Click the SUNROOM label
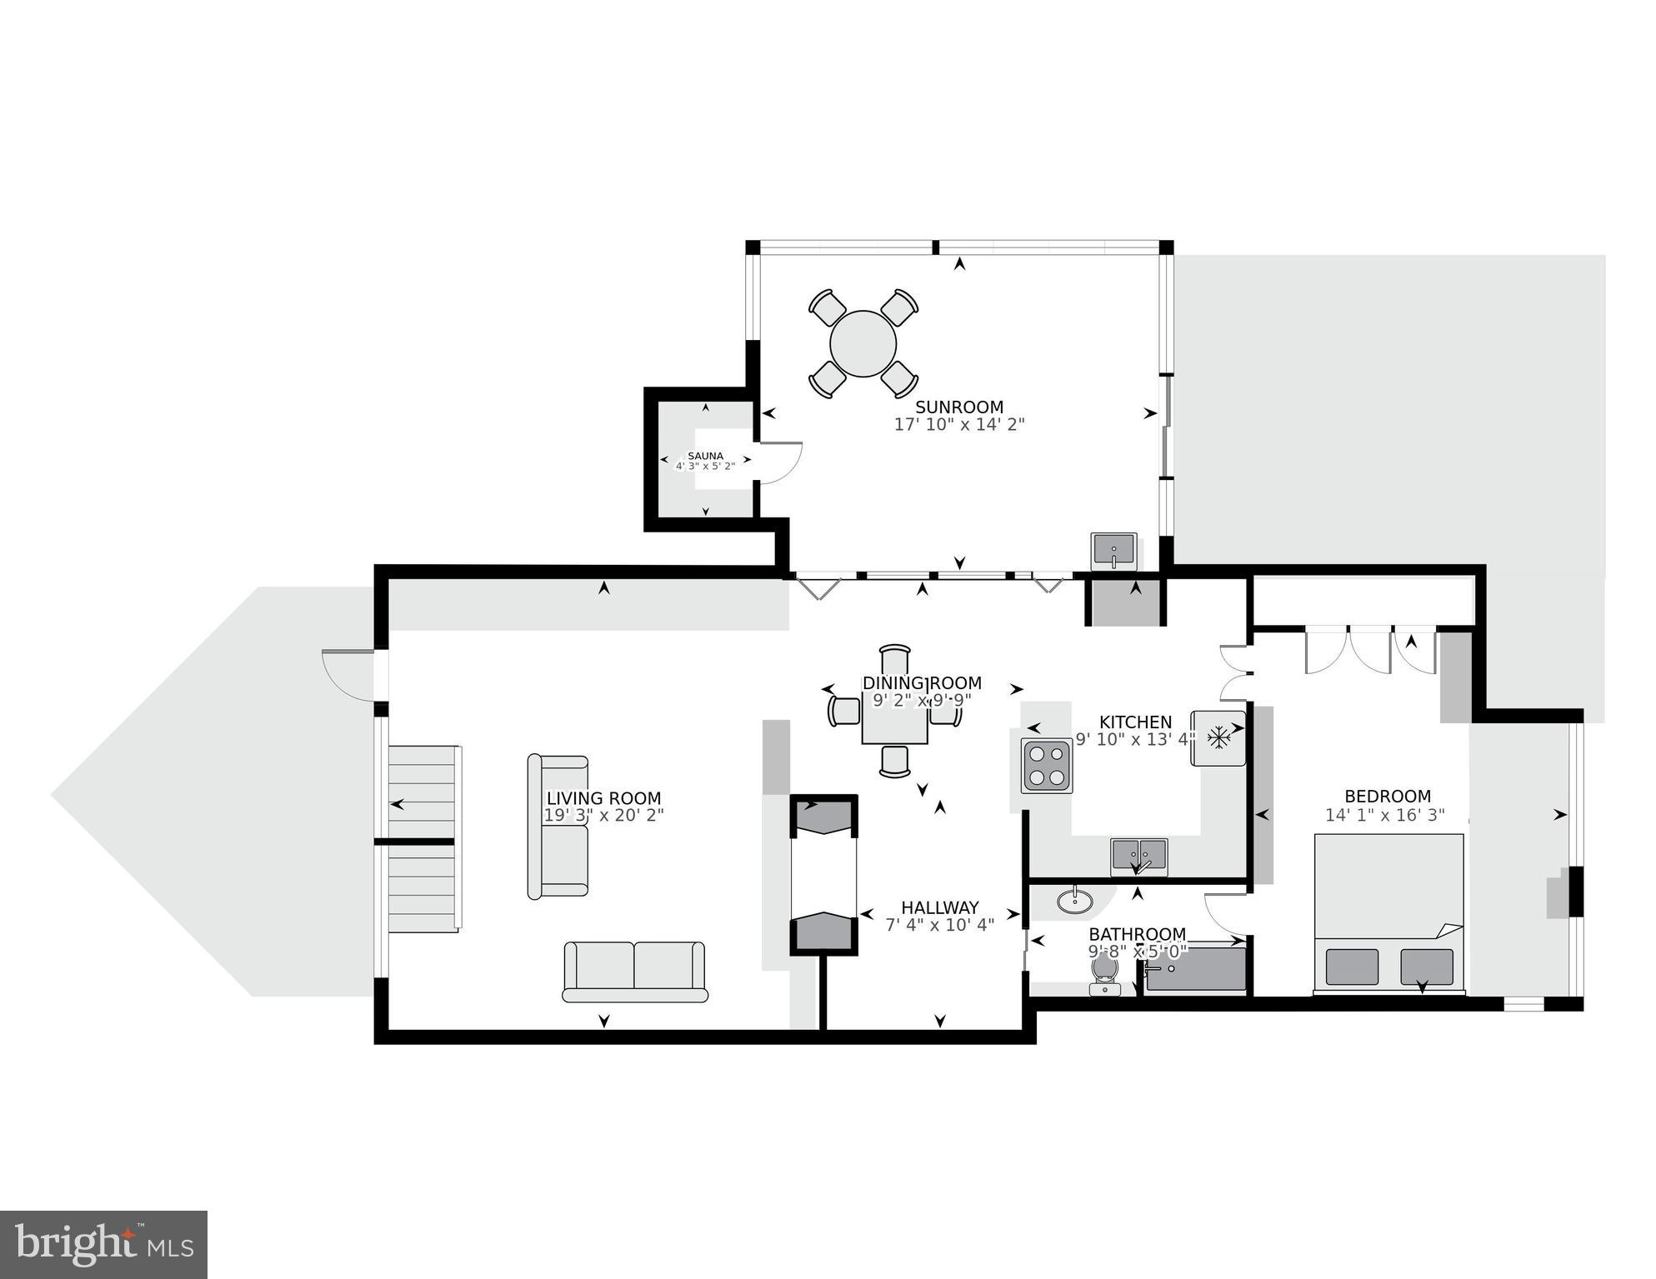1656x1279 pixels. (x=959, y=407)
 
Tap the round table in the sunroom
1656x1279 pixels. (x=863, y=343)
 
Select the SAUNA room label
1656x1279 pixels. (x=705, y=456)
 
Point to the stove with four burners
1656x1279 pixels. (x=1047, y=766)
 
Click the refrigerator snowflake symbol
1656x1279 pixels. (x=1219, y=737)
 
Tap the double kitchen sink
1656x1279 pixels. (x=1138, y=857)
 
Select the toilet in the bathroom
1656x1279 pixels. (x=1104, y=973)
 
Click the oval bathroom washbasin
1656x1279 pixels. (x=1076, y=901)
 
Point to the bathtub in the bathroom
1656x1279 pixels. (x=1195, y=970)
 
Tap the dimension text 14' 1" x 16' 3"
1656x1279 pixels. (x=1385, y=816)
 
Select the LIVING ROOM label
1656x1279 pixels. (x=603, y=797)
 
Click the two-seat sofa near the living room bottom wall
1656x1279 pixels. (x=634, y=971)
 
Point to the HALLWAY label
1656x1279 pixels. (x=939, y=907)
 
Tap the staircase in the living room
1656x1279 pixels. (x=423, y=837)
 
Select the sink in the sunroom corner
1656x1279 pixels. (x=1113, y=552)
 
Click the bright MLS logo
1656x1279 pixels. (x=103, y=1244)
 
